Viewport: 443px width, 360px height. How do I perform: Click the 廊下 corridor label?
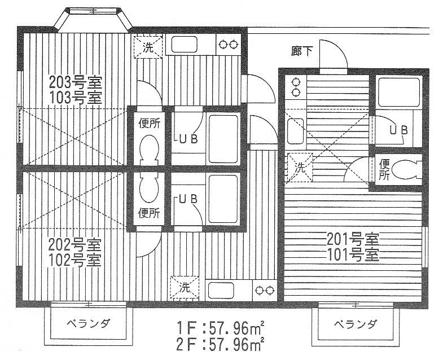pyautogui.click(x=301, y=51)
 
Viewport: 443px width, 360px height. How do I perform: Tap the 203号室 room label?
pyautogui.click(x=75, y=82)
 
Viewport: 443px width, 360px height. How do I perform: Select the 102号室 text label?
pyautogui.click(x=74, y=260)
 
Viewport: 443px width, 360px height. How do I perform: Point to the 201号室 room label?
pyautogui.click(x=353, y=240)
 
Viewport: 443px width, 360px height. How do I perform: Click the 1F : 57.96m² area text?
pyautogui.click(x=220, y=328)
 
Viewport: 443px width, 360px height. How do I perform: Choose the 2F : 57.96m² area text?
pyautogui.click(x=220, y=344)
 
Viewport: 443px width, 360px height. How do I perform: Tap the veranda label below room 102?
pyautogui.click(x=89, y=323)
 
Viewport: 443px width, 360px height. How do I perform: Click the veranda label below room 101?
pyautogui.click(x=356, y=324)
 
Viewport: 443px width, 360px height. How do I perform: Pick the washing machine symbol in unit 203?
pyautogui.click(x=148, y=47)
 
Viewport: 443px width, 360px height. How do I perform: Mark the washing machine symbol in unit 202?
pyautogui.click(x=185, y=288)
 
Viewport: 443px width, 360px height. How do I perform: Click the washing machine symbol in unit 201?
pyautogui.click(x=300, y=168)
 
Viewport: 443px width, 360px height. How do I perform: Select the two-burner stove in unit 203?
pyautogui.click(x=229, y=45)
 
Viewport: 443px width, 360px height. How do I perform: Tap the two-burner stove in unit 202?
pyautogui.click(x=265, y=290)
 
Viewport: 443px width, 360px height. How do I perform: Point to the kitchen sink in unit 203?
pyautogui.click(x=184, y=45)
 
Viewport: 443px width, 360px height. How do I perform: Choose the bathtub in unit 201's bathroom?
pyautogui.click(x=398, y=93)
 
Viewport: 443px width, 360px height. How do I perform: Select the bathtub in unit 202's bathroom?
pyautogui.click(x=223, y=200)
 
